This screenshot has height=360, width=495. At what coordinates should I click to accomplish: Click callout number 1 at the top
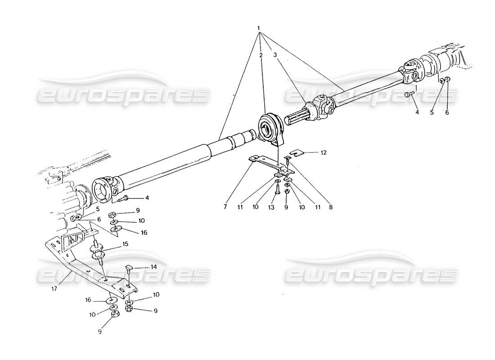coord(259,28)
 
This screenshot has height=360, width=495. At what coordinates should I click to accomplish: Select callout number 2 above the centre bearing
coord(261,55)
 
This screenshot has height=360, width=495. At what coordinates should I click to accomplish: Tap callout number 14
coord(153,267)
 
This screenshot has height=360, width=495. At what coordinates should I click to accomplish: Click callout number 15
coord(126,243)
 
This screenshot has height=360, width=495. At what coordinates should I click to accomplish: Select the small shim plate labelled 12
coord(295,153)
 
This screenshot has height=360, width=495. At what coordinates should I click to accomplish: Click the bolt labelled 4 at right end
coord(408,95)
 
